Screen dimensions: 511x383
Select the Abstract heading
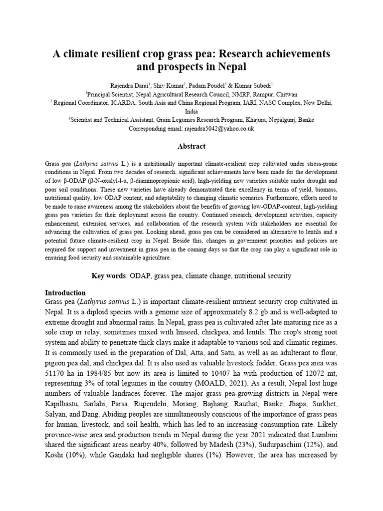(x=191, y=146)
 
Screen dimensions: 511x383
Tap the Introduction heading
(x=65, y=292)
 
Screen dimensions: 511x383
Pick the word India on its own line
(x=191, y=111)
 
